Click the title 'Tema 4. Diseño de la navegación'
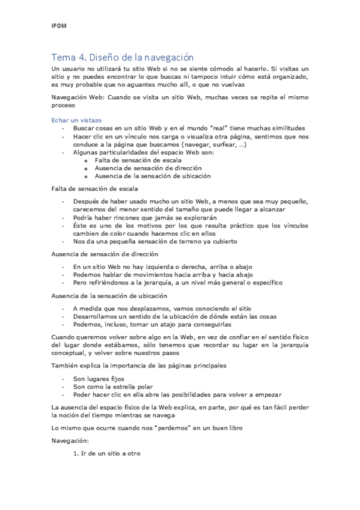(x=122, y=58)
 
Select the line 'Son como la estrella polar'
(x=113, y=387)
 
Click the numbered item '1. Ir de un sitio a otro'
(x=106, y=453)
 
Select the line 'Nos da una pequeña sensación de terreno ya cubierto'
(x=155, y=241)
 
